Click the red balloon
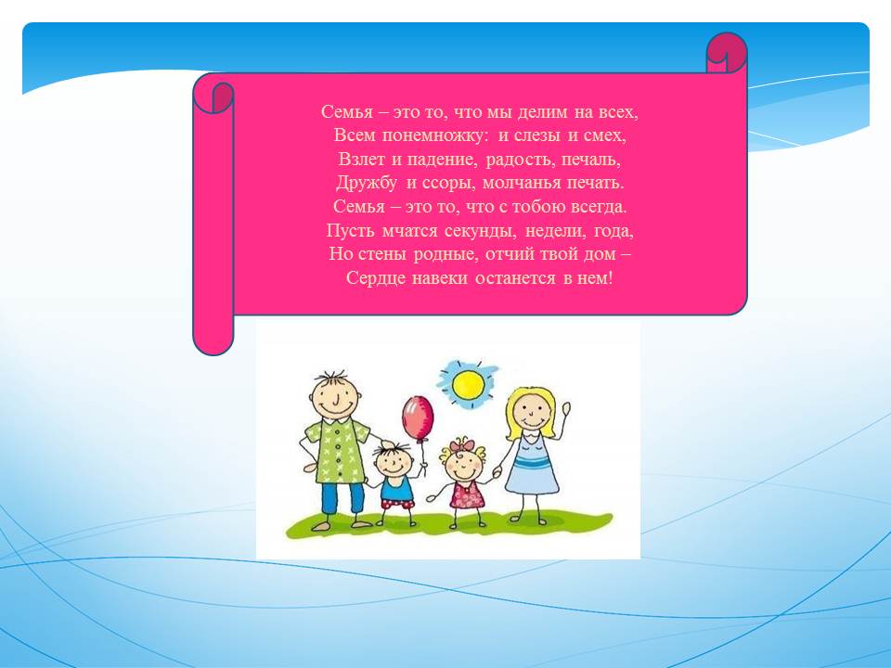tap(418, 417)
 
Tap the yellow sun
tap(468, 384)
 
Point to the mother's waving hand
tap(565, 409)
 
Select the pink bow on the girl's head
tap(461, 444)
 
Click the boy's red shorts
tap(397, 503)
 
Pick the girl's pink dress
tap(468, 495)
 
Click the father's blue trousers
tap(342, 498)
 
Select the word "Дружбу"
tap(366, 183)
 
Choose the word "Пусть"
tap(350, 231)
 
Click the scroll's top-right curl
tap(726, 52)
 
